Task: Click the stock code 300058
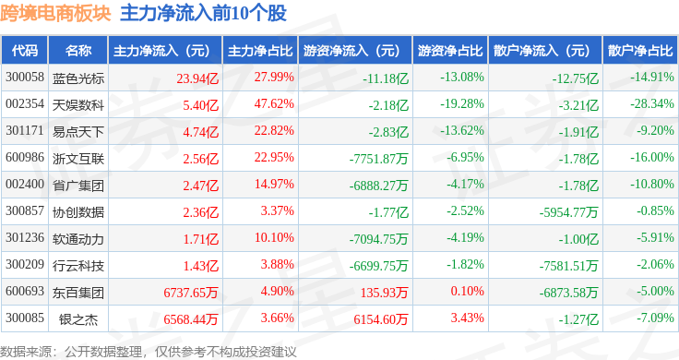[25, 78]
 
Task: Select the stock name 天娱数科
[78, 105]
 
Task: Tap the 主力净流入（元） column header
[161, 51]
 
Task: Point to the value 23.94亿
[197, 78]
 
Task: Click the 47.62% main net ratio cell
[274, 104]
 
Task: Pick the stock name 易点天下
[78, 132]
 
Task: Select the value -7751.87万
[379, 159]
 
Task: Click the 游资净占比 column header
[450, 51]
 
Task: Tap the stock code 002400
[25, 184]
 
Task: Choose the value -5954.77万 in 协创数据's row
[569, 212]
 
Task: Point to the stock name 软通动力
[78, 239]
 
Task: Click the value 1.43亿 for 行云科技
[201, 266]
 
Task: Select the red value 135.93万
[384, 293]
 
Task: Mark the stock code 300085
[25, 318]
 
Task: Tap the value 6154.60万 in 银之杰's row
[381, 319]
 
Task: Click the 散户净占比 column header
[640, 51]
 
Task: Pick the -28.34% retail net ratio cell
[652, 104]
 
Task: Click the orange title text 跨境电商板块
[55, 14]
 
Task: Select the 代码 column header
[25, 51]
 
